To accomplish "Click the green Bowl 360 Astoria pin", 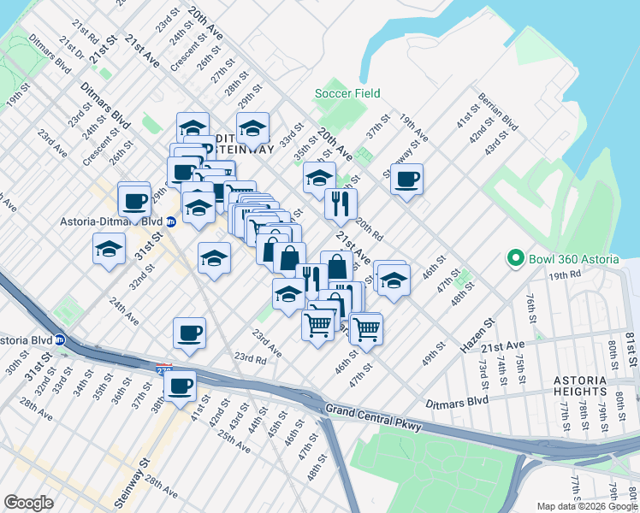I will [x=514, y=257].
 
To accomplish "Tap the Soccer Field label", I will [x=347, y=93].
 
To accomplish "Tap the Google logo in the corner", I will [x=28, y=503].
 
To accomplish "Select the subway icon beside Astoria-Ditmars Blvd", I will [x=170, y=221].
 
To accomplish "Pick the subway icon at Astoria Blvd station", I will [x=60, y=339].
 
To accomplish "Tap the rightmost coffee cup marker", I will [x=406, y=179].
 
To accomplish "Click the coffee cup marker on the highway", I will [x=180, y=386].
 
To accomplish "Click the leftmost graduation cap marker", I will [x=109, y=250].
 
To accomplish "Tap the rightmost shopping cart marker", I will [x=366, y=327].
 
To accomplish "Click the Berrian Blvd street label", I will [x=499, y=112].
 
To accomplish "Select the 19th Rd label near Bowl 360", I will [x=566, y=275].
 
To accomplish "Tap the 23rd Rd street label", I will [x=251, y=357].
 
